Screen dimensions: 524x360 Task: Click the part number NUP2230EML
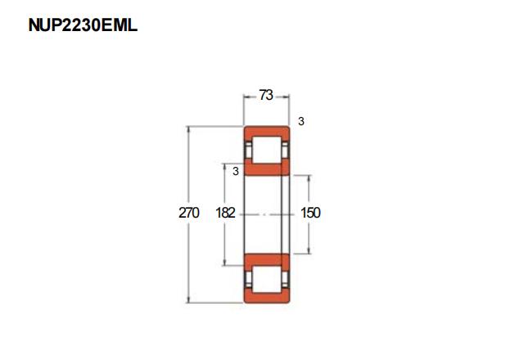pos(83,25)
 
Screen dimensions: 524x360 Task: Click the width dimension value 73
pos(266,95)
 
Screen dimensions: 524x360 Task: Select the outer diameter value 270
pos(189,213)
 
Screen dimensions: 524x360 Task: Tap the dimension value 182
pos(226,213)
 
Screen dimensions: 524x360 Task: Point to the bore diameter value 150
pos(310,213)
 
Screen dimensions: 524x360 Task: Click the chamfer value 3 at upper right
pos(301,121)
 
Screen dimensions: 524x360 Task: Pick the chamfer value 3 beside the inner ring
pos(236,171)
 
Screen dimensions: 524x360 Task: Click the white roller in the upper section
pos(266,150)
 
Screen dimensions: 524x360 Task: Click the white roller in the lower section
pos(266,279)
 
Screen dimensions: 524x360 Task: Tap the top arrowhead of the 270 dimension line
pos(189,129)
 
